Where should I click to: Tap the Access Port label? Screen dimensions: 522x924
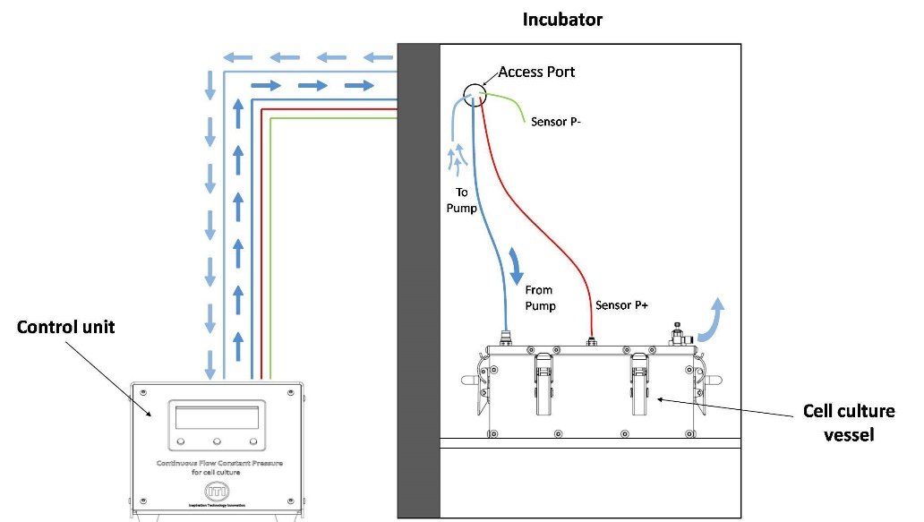[537, 72]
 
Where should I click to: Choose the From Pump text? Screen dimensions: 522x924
[540, 298]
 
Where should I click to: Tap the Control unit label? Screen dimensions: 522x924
[66, 327]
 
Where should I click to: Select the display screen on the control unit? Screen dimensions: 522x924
[218, 417]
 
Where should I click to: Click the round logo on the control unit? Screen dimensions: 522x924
[217, 491]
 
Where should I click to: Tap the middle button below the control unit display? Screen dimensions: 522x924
[218, 441]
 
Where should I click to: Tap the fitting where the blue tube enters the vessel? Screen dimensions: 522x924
[504, 339]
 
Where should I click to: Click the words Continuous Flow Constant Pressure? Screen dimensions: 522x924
[217, 463]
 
